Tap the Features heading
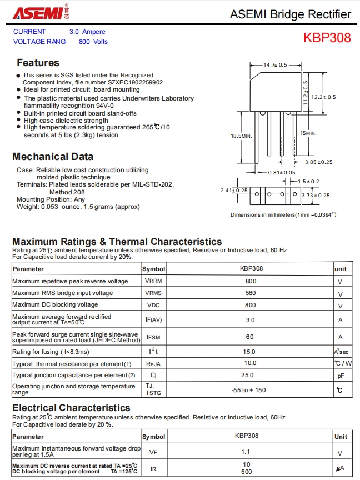[38, 63]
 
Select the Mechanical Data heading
[53, 157]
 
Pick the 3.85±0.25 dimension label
[318, 162]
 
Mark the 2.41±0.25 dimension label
[234, 191]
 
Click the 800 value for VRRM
[251, 281]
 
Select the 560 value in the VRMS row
[251, 293]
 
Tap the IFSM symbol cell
[153, 337]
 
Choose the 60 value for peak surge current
[250, 337]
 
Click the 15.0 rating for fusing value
[250, 352]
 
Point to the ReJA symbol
[153, 364]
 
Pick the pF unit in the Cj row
[341, 376]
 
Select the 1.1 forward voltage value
[246, 452]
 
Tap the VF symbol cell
[153, 452]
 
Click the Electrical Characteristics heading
[71, 408]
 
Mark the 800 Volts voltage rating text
[93, 42]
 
